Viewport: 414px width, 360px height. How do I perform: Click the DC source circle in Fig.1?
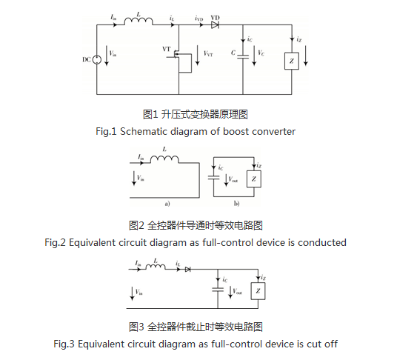[97, 60]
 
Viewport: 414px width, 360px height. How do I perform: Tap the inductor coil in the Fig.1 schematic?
[138, 21]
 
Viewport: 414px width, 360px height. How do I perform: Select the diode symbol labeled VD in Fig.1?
[215, 25]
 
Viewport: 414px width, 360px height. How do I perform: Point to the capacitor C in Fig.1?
[243, 56]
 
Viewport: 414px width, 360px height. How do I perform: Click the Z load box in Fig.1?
[292, 61]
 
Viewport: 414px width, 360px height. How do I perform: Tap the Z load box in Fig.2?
[254, 179]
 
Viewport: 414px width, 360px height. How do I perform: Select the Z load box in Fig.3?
[258, 291]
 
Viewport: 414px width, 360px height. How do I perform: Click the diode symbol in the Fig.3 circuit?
[187, 270]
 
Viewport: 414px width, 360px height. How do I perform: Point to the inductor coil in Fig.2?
[164, 159]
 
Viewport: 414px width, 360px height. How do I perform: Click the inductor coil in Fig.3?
[156, 267]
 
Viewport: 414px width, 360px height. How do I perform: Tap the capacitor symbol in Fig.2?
[213, 178]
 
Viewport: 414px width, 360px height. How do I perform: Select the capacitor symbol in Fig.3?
[218, 290]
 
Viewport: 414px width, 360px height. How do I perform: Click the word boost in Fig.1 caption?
[236, 132]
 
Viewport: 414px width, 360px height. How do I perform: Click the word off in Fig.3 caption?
[331, 344]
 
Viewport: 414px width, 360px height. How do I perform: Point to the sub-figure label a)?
[167, 204]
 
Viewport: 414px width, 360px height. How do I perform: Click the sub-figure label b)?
[236, 204]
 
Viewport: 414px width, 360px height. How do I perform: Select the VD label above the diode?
[216, 18]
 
